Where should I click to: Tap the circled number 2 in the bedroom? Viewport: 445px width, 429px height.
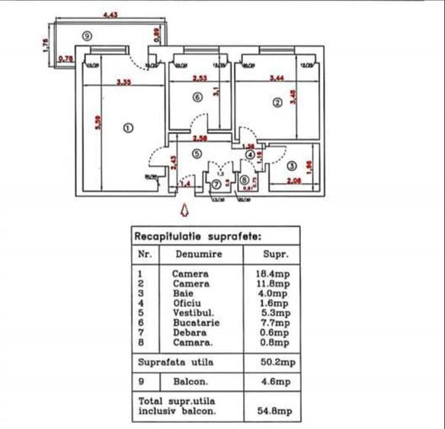coord(277,103)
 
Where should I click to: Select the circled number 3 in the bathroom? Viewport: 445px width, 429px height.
coord(293,167)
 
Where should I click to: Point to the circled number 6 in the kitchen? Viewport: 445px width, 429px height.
coord(197,98)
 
